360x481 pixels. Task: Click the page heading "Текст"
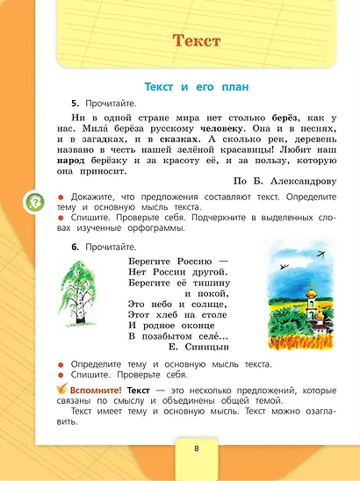[x=197, y=40]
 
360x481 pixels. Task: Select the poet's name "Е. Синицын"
[x=210, y=347]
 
